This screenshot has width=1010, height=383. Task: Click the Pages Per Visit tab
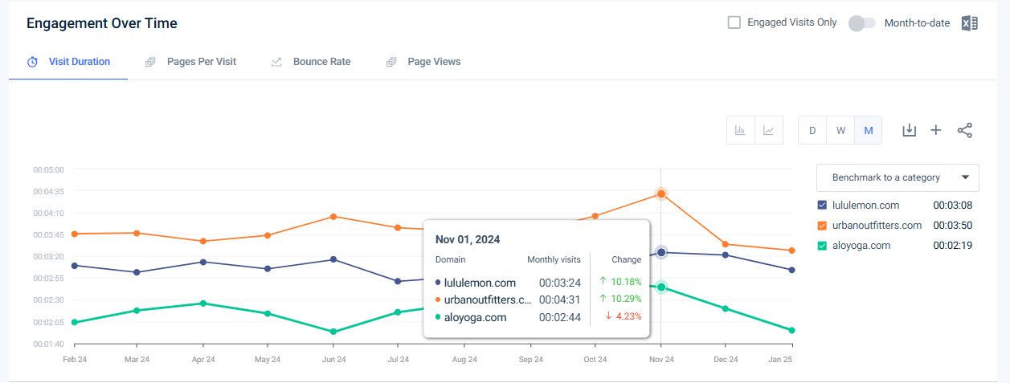tap(201, 62)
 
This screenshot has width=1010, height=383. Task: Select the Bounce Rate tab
tap(321, 62)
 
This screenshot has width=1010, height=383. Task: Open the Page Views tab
tap(433, 62)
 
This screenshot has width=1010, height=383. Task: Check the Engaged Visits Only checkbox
tap(734, 22)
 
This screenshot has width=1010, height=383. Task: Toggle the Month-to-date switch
tap(861, 23)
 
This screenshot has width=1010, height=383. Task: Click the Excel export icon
tap(969, 23)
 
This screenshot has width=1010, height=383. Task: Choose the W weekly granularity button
tap(840, 130)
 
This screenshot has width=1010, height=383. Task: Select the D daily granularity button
tap(812, 130)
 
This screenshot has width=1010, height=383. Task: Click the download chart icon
tap(909, 130)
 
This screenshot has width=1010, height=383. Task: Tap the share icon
tap(965, 130)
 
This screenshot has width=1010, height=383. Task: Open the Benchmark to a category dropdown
tap(898, 177)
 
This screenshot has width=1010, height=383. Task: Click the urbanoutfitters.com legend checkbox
tap(822, 226)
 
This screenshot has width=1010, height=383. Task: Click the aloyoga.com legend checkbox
tap(822, 246)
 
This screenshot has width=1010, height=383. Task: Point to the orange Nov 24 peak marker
tap(661, 194)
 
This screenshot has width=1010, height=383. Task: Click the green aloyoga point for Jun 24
tap(333, 332)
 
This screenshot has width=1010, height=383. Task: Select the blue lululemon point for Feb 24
tap(75, 266)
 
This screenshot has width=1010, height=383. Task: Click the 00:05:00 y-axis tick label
tap(48, 170)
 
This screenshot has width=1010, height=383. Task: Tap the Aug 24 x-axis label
tap(464, 360)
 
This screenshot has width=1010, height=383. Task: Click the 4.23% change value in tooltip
tap(628, 316)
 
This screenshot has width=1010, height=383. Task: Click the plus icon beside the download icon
tap(936, 130)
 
